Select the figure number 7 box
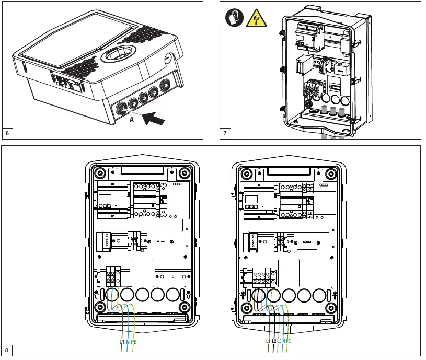click(x=225, y=133)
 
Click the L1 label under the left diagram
click(x=122, y=341)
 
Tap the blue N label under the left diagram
click(x=128, y=341)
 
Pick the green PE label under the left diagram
click(x=135, y=341)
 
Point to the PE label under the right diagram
click(x=289, y=341)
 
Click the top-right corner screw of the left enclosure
click(x=183, y=173)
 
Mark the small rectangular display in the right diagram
click(x=250, y=198)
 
